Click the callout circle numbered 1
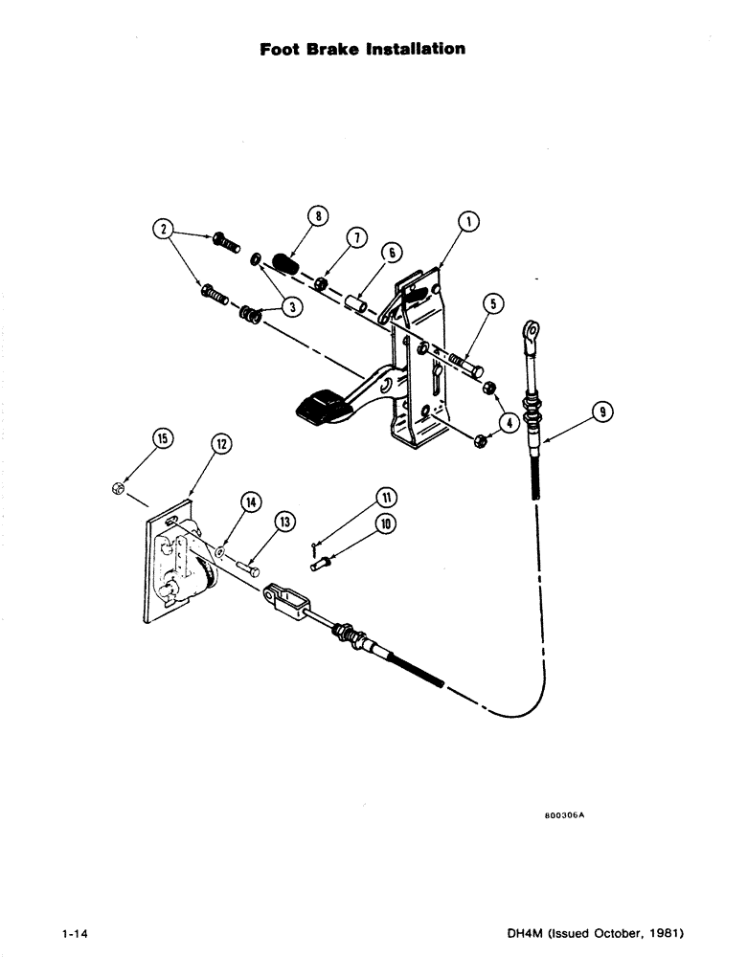tap(467, 221)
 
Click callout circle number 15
tap(163, 439)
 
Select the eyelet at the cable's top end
tap(528, 333)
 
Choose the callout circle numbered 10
tap(386, 523)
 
